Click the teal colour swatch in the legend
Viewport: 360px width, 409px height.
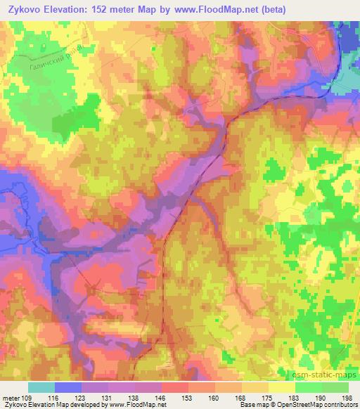[x=41, y=387]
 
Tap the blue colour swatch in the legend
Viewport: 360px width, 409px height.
[x=68, y=387]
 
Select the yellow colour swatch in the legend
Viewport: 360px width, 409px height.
[x=281, y=387]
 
